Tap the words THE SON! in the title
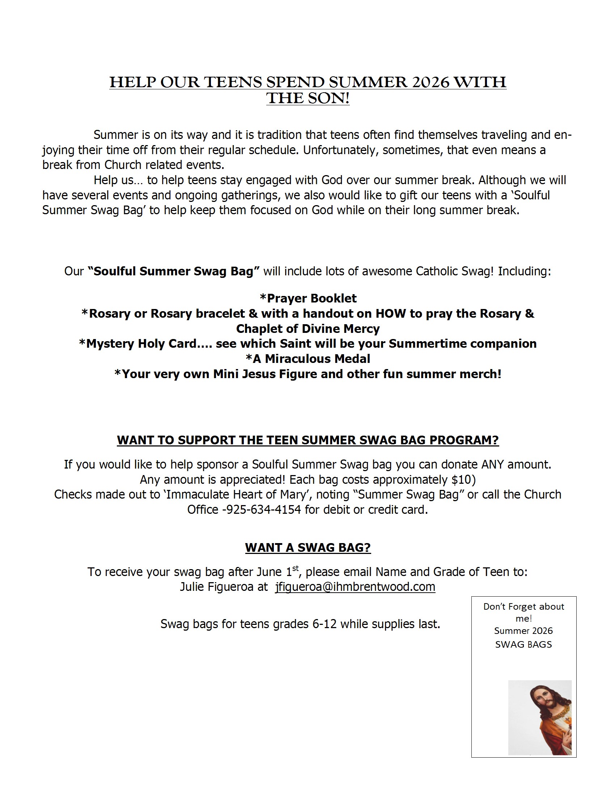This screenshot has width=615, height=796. click(308, 98)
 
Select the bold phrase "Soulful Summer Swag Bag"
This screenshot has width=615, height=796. click(174, 271)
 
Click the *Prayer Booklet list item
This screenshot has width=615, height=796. click(308, 298)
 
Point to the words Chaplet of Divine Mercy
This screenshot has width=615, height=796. click(308, 329)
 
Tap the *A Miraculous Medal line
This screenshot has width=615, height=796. click(308, 359)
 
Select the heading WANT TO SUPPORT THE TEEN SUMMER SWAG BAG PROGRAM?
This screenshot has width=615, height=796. click(308, 440)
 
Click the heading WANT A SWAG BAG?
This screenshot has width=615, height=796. click(308, 547)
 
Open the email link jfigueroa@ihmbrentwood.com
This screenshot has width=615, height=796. click(355, 587)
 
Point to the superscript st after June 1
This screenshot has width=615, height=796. click(295, 568)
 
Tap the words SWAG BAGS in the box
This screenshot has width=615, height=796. click(523, 644)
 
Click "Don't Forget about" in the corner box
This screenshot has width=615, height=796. click(523, 606)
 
